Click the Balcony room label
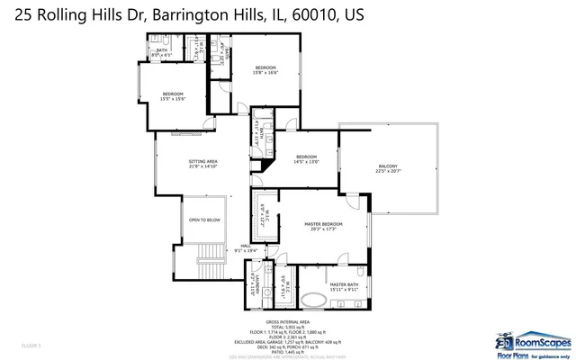click(x=387, y=168)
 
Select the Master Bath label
click(x=344, y=285)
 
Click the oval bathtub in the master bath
click(x=315, y=300)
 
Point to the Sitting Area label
click(x=203, y=164)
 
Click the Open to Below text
click(x=204, y=220)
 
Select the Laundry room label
click(x=257, y=287)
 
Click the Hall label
click(x=245, y=247)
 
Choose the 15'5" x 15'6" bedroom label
click(x=173, y=96)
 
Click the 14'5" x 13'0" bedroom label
click(x=307, y=159)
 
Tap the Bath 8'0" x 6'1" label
click(x=162, y=53)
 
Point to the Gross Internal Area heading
click(x=288, y=322)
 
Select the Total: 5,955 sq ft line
click(x=288, y=327)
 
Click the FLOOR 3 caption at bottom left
click(x=31, y=345)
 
